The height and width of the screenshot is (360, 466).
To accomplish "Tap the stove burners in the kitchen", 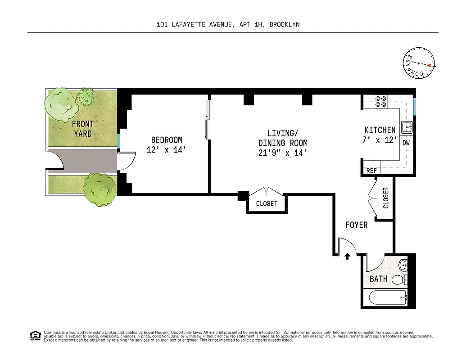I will click(x=381, y=101).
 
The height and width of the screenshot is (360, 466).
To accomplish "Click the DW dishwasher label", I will click(x=406, y=143).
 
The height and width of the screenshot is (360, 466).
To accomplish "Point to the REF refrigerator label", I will click(x=371, y=171).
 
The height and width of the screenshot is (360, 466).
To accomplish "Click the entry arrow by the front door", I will click(x=347, y=256).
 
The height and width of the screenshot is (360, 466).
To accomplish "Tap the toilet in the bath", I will click(x=398, y=280).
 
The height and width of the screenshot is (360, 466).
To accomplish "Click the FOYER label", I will click(x=357, y=225).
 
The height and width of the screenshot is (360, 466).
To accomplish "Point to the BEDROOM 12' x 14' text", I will click(x=166, y=145).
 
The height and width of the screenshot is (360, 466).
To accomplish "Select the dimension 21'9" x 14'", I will click(x=283, y=153).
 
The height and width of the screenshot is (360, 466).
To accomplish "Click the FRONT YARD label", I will click(x=83, y=129).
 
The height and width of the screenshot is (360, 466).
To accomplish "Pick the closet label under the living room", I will click(x=267, y=203).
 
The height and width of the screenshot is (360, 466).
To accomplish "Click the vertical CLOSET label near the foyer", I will click(x=385, y=198).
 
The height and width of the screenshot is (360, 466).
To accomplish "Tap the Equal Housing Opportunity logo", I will click(x=35, y=335).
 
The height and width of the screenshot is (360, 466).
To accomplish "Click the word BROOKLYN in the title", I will click(x=285, y=25).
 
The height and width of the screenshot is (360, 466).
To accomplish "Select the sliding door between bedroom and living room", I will click(x=207, y=119).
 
